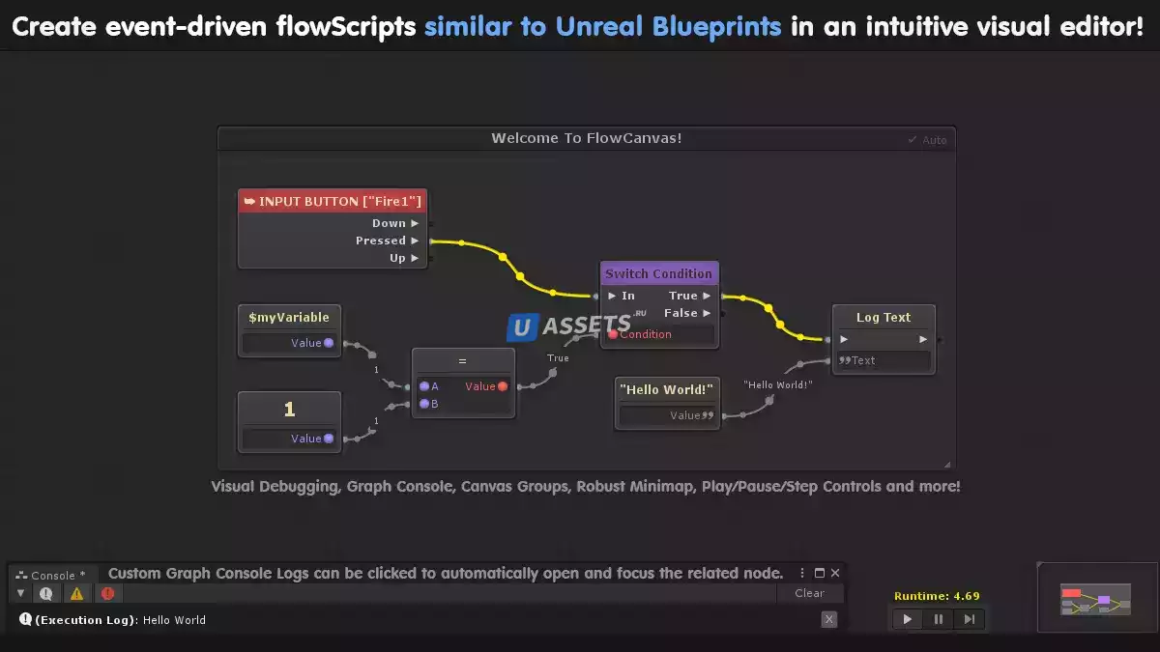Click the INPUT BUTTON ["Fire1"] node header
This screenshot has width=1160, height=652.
(333, 201)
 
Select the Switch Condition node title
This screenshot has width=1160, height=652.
(658, 273)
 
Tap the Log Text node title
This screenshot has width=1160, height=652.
(884, 317)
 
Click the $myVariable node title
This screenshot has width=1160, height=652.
(289, 317)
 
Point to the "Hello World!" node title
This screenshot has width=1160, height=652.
(667, 389)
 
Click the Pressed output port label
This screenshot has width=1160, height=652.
(381, 241)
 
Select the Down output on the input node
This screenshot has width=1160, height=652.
(390, 223)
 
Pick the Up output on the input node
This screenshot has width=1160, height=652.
(398, 258)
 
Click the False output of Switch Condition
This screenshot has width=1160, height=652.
(681, 313)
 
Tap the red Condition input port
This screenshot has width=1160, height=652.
(613, 334)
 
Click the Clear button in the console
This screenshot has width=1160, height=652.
(809, 593)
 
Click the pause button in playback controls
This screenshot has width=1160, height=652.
(938, 619)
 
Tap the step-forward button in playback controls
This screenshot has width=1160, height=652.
(970, 619)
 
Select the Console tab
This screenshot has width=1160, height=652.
(51, 575)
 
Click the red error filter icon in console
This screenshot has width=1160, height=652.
(107, 593)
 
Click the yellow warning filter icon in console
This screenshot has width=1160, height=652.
(76, 593)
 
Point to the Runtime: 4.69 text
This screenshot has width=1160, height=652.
(937, 596)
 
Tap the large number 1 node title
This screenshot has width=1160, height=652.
(289, 410)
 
